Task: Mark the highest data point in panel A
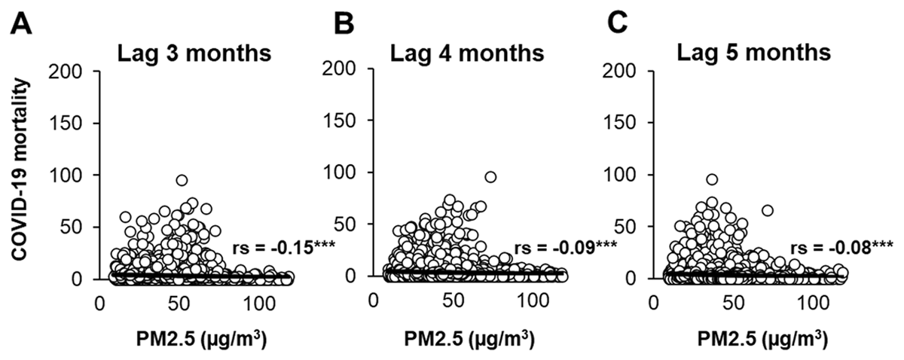tap(182, 181)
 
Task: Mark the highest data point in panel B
tap(490, 177)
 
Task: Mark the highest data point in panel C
tap(711, 179)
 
